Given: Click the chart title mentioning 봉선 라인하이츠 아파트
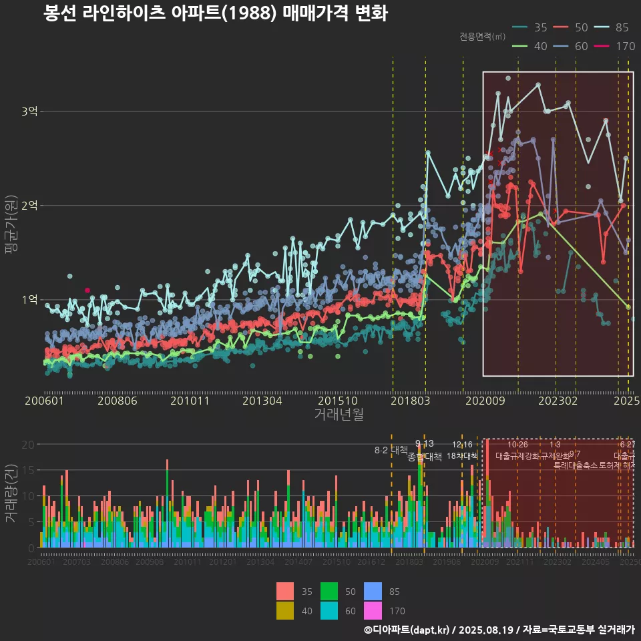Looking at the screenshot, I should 215,13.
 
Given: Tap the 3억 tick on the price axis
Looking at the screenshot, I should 29,111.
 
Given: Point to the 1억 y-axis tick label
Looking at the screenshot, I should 29,300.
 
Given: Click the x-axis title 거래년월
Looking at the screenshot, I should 339,414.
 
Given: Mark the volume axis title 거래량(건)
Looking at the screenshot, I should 11,495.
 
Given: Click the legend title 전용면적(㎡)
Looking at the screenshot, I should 483,37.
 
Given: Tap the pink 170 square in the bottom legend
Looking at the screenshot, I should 373,610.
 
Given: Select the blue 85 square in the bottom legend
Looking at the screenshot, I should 373,592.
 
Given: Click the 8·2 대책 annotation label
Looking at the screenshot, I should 391,450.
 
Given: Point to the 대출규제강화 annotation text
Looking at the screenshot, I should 517,456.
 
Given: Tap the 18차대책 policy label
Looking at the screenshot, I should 462,456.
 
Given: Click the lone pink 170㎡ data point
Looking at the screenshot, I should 87,290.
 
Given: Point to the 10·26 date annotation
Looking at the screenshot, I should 517,445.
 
